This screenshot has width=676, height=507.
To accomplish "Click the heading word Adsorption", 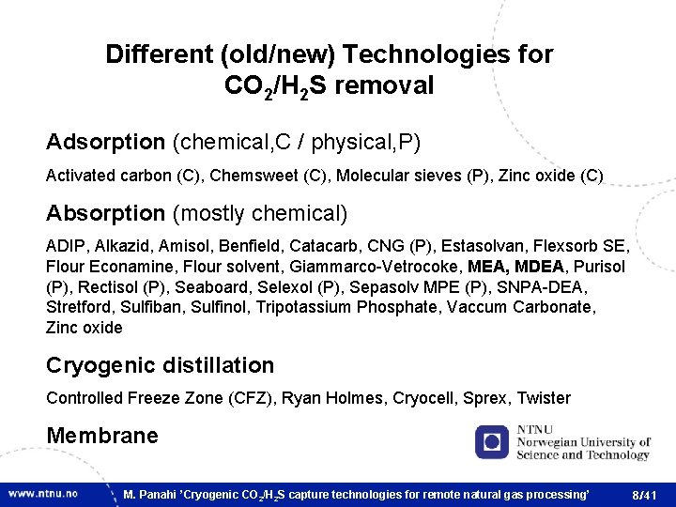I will click(105, 143).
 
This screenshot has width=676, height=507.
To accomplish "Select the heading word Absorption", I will click(105, 214).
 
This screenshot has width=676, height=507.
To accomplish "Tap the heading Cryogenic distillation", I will click(160, 366).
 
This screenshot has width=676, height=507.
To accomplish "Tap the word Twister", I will click(544, 398).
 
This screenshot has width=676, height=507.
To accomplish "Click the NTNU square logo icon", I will click(491, 441).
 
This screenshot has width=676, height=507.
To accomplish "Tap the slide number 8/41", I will click(645, 494).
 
